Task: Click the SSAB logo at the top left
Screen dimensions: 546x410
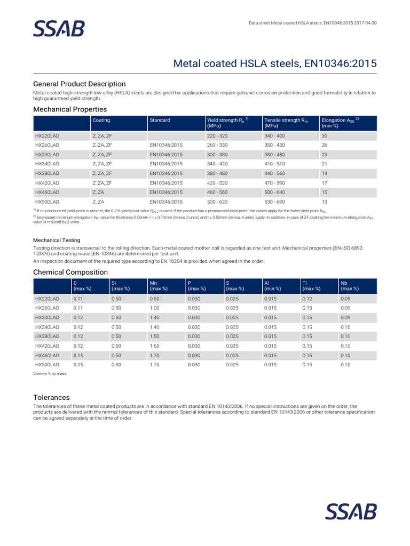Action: pyautogui.click(x=59, y=29)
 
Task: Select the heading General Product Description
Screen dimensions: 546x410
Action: pyautogui.click(x=80, y=84)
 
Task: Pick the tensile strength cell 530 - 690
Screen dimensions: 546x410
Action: pyautogui.click(x=275, y=202)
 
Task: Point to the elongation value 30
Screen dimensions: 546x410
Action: pyautogui.click(x=324, y=136)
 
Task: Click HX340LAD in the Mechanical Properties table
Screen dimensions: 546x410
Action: pyautogui.click(x=47, y=164)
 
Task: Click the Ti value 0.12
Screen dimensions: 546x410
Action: pyautogui.click(x=307, y=298)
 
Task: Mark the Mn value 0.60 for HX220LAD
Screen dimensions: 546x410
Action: pyautogui.click(x=154, y=298)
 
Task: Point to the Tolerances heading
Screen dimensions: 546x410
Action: pyautogui.click(x=51, y=397)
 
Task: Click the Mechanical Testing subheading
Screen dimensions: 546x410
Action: pyautogui.click(x=57, y=240)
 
